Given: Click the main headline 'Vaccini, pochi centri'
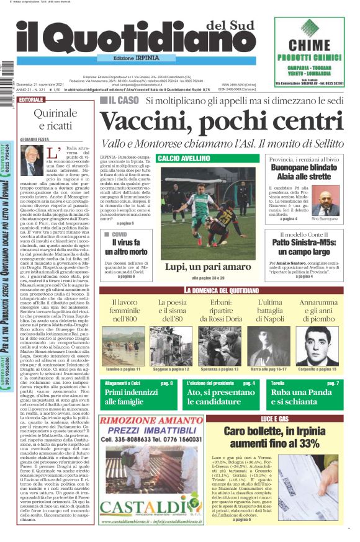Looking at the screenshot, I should (220, 121).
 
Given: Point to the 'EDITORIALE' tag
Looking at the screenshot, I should (32, 100).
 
